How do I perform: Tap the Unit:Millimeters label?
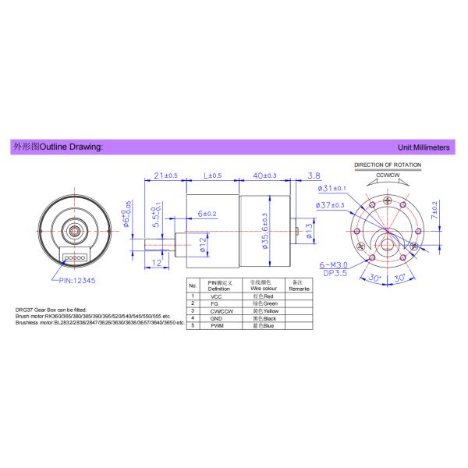click(427, 147)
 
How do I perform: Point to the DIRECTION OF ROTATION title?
click(388, 165)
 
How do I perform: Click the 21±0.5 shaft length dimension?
click(166, 175)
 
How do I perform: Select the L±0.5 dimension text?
click(211, 175)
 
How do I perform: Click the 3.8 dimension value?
click(314, 175)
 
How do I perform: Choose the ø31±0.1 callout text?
click(331, 189)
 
